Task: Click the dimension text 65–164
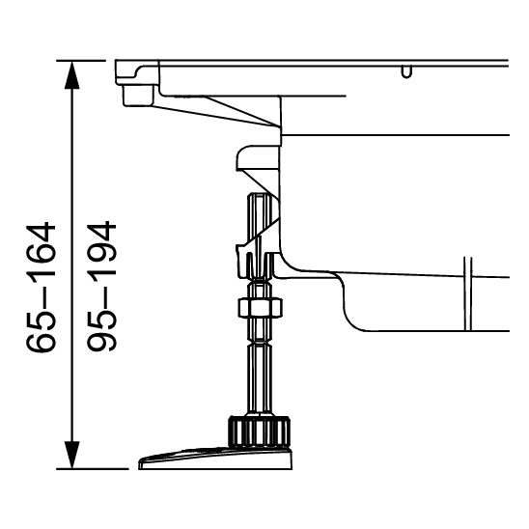(x=42, y=287)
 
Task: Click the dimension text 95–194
(x=99, y=287)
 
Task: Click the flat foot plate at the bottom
(x=212, y=459)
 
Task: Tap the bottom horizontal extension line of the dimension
(x=92, y=469)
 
